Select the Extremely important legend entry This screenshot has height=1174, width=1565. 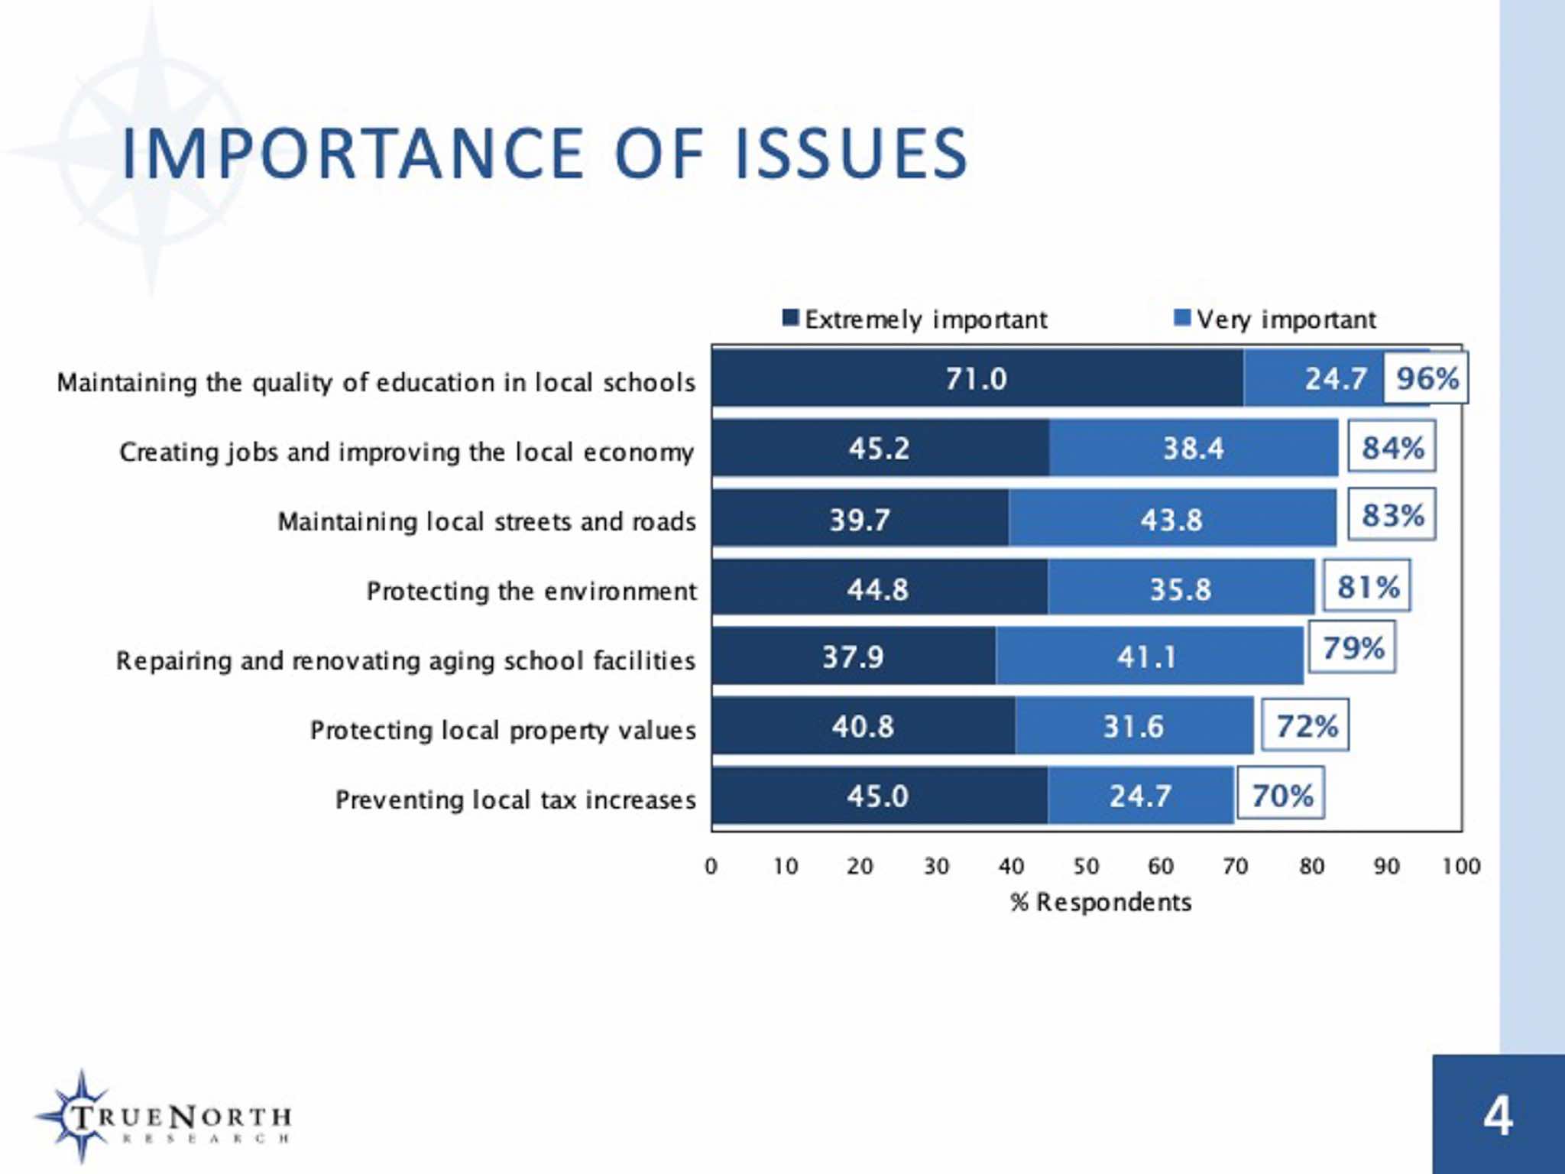pos(915,319)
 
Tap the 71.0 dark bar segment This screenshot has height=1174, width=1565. pos(977,378)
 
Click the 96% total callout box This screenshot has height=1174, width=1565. pos(1426,378)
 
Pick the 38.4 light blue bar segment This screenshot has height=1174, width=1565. pos(1193,448)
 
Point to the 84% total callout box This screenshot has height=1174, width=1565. pos(1392,447)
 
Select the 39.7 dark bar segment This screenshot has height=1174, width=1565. pos(860,519)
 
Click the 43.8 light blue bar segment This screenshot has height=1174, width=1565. pos(1171,519)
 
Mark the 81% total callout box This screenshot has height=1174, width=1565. pos(1367,586)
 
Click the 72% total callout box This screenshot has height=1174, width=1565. pos(1305,725)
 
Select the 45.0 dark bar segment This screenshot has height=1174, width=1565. pos(878,796)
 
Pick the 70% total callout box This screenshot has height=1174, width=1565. pos(1281,795)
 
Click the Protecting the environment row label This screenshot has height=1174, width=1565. pos(531,591)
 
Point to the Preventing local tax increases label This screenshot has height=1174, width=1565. pos(516,799)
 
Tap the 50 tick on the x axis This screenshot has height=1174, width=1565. pos(1086,866)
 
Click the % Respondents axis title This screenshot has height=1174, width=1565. pos(1100,902)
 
